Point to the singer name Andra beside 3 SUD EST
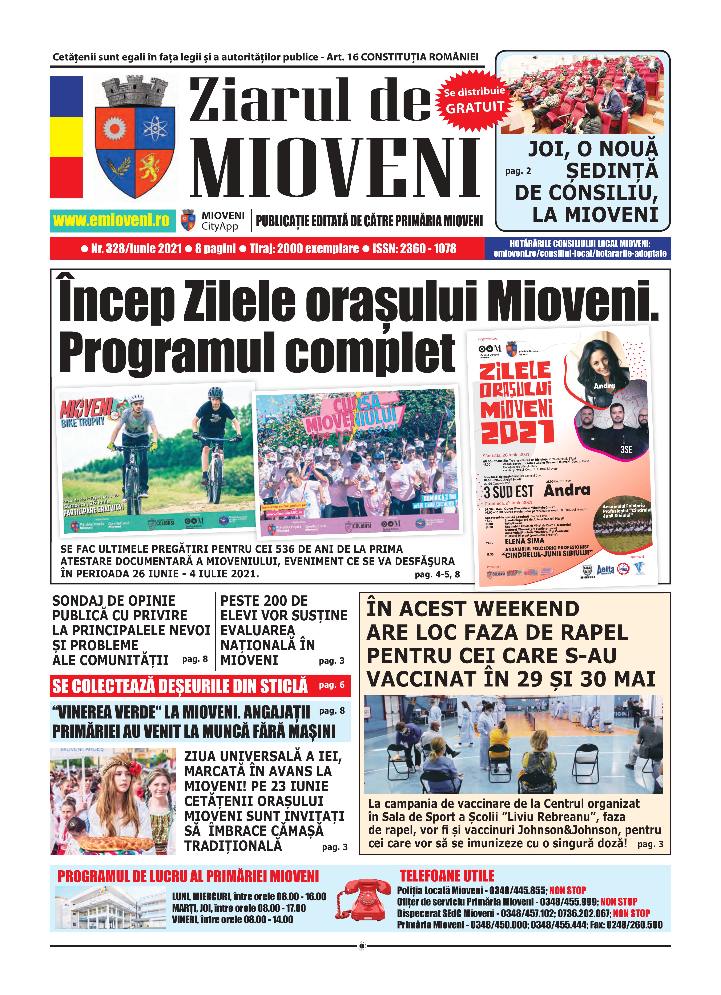tap(567, 490)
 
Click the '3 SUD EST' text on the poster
tap(508, 492)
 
